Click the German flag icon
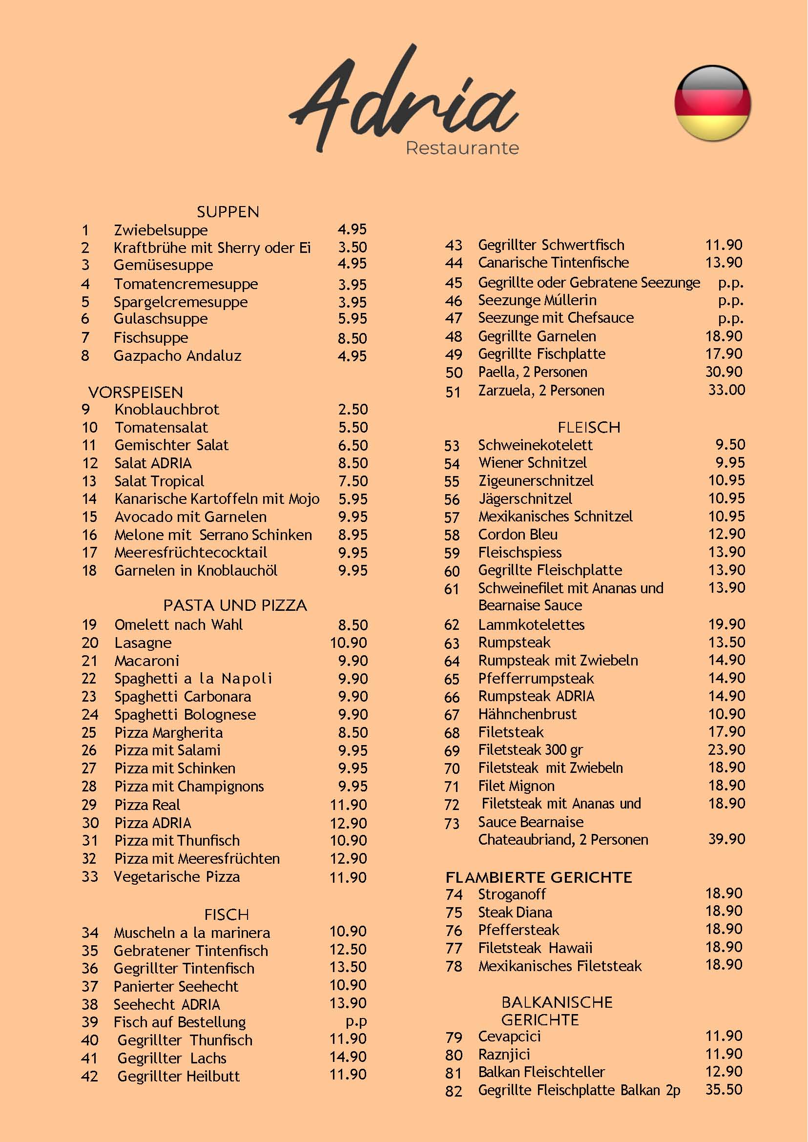712,103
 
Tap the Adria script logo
403,100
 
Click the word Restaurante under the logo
462,148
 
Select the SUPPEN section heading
228,212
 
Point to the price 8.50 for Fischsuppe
352,338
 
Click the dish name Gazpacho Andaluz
177,356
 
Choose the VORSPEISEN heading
135,392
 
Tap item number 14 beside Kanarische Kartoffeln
89,499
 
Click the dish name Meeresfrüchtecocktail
190,552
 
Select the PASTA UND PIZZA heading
235,605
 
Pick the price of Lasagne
348,643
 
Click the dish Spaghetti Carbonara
183,696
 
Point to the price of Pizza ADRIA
348,823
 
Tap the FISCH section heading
227,914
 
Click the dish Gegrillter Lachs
172,1059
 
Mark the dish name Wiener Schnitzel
532,463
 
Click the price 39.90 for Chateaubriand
726,839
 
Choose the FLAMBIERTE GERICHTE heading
539,877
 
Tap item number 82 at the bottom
454,1091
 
